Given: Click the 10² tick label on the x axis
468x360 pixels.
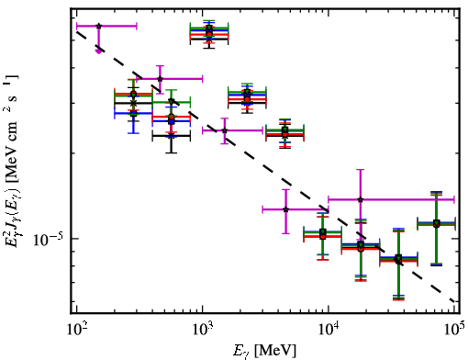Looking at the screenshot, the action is click(x=76, y=330).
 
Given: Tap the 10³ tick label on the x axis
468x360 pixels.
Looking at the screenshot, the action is click(x=203, y=330).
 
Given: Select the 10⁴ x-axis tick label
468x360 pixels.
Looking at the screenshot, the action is click(x=329, y=330).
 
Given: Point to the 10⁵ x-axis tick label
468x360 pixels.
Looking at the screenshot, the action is click(x=454, y=330).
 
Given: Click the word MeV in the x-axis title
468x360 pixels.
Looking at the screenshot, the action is click(x=273, y=350).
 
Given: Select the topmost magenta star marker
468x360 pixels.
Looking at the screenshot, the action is click(x=98, y=26).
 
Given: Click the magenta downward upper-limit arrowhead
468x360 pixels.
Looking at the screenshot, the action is click(x=98, y=51).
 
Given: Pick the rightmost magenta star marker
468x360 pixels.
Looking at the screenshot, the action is click(x=361, y=199).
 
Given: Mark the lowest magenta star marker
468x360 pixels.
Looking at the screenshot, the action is click(x=285, y=209).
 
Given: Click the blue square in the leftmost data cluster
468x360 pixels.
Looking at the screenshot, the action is click(x=133, y=113).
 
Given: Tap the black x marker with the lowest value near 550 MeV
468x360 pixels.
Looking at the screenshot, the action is click(x=172, y=135).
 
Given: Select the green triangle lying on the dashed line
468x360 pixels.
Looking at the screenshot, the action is click(x=172, y=101).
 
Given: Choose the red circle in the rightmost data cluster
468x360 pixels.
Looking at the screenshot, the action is click(x=437, y=225).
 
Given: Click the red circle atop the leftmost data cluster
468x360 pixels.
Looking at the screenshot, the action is click(x=133, y=94).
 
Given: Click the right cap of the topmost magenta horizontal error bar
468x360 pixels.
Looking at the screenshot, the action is click(x=137, y=26).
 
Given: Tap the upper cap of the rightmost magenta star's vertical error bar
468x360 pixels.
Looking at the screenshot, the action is click(x=361, y=170).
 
